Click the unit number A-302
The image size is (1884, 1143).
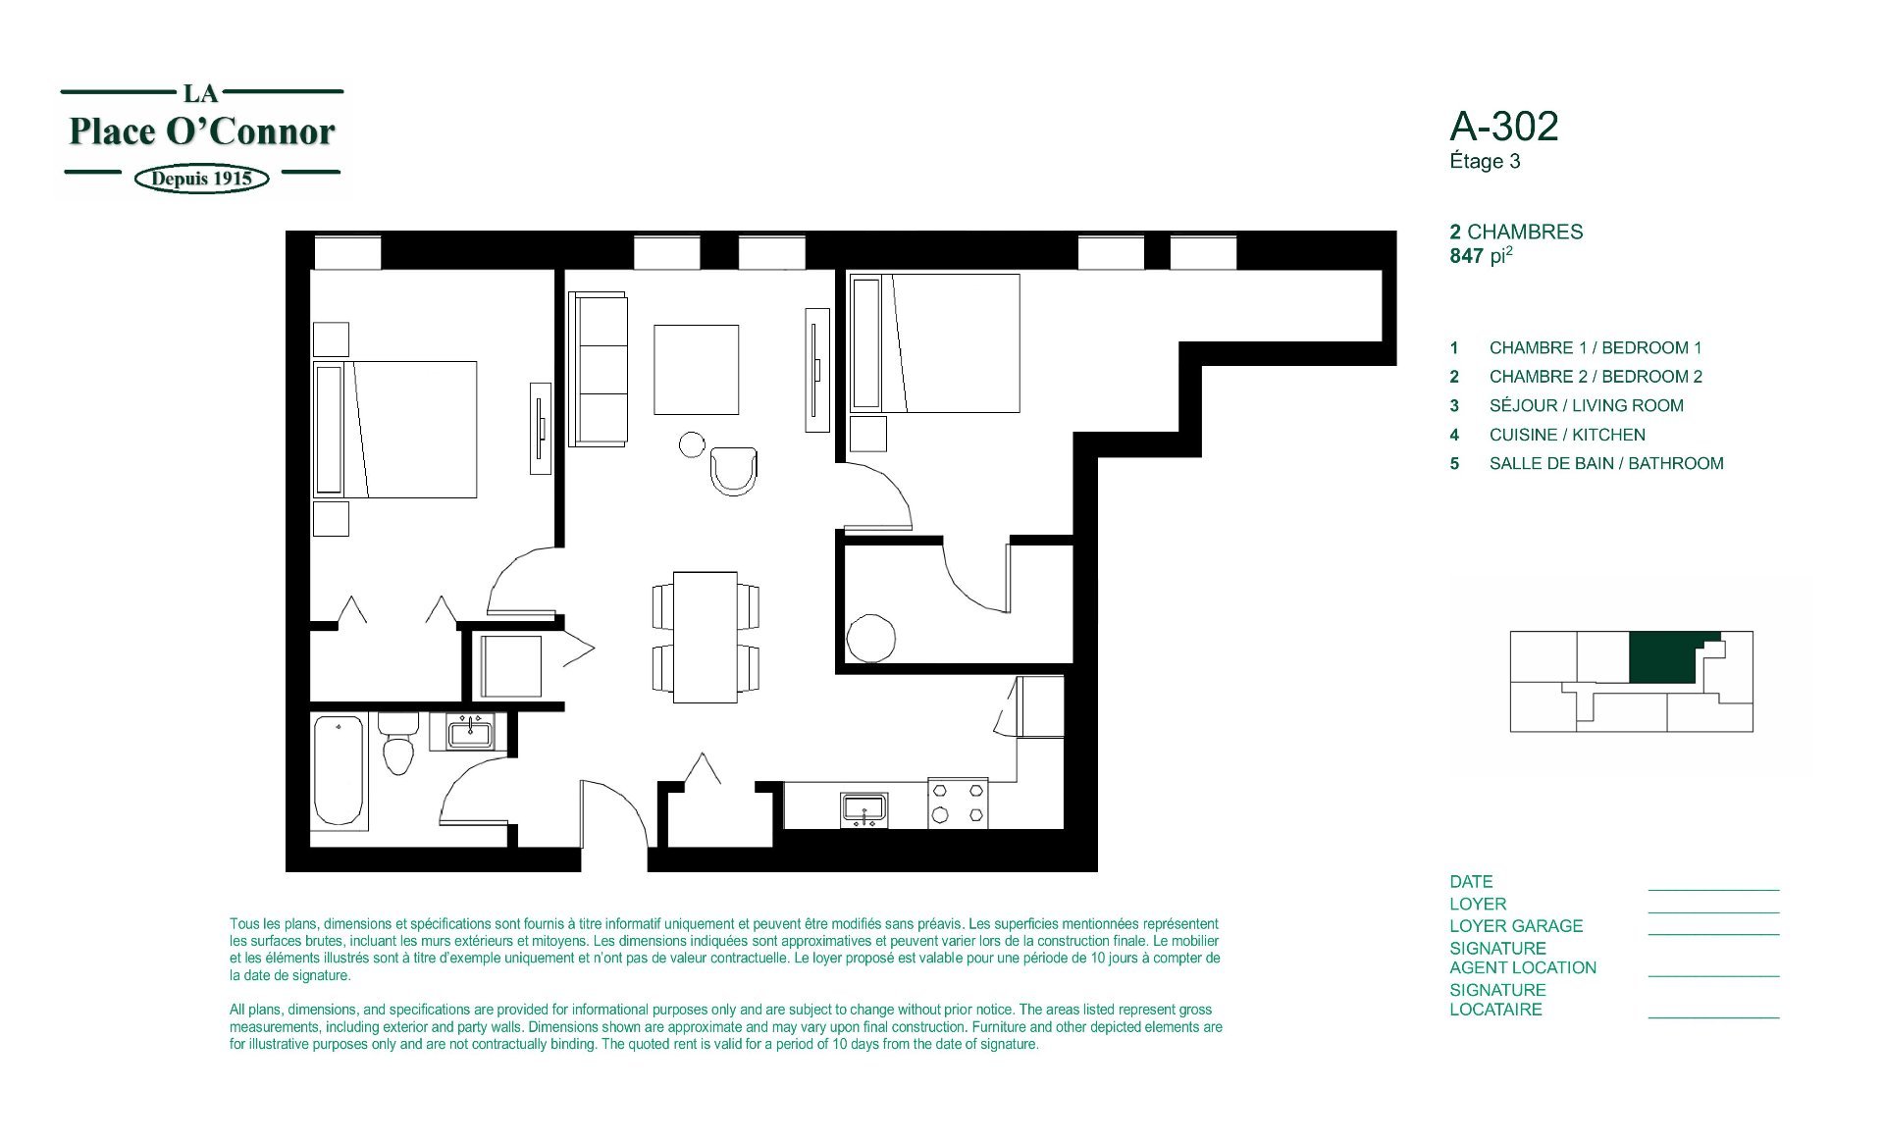pos(1503,127)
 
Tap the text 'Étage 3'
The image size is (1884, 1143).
pos(1485,161)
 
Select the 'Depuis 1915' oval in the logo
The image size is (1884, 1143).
pos(201,179)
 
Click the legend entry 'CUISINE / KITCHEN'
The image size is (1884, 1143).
pos(1567,435)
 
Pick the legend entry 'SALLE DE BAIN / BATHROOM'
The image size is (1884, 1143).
pos(1606,463)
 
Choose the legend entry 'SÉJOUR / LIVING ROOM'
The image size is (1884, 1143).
pos(1587,405)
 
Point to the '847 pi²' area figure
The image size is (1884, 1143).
pos(1482,255)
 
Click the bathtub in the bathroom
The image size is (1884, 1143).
pos(339,772)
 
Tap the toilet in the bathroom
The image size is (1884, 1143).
pos(397,744)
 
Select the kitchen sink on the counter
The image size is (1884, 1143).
pos(864,809)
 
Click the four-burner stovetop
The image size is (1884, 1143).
pos(958,803)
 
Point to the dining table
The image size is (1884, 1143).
pos(706,637)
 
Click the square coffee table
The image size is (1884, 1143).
pos(697,370)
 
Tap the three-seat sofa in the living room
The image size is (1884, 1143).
pos(599,369)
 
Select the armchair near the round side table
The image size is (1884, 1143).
pos(734,471)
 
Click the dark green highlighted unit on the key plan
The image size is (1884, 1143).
pos(1666,657)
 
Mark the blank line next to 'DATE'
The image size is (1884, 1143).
pos(1713,890)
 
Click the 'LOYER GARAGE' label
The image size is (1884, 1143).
pos(1516,926)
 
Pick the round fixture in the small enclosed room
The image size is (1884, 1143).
pos(871,638)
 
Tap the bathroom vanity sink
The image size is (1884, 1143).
pos(470,732)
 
